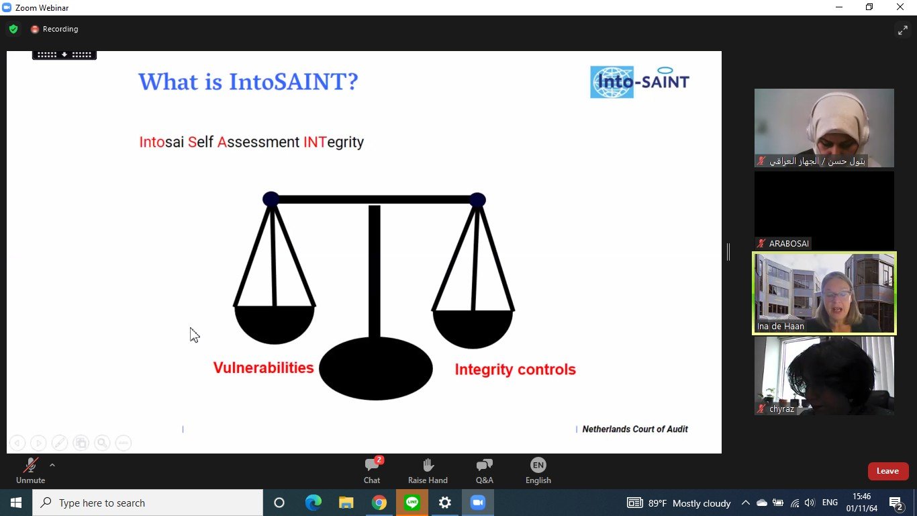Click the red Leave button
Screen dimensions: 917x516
[888, 471]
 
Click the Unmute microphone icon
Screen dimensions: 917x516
[31, 465]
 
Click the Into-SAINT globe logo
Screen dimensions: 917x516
[612, 82]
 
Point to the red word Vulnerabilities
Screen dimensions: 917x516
[263, 368]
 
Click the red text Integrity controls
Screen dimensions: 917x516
[515, 370]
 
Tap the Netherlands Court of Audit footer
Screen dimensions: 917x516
[635, 429]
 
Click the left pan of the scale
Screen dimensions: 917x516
[275, 324]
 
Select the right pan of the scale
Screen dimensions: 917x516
[473, 329]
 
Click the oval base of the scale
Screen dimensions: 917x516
[376, 368]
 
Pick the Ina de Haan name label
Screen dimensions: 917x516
[780, 327]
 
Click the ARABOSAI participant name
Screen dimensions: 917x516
[789, 243]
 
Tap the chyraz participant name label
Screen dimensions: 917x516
[781, 408]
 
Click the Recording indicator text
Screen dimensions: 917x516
[60, 29]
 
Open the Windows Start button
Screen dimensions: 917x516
[16, 503]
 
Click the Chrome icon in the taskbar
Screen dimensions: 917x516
[379, 503]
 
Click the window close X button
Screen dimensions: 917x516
[900, 7]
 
